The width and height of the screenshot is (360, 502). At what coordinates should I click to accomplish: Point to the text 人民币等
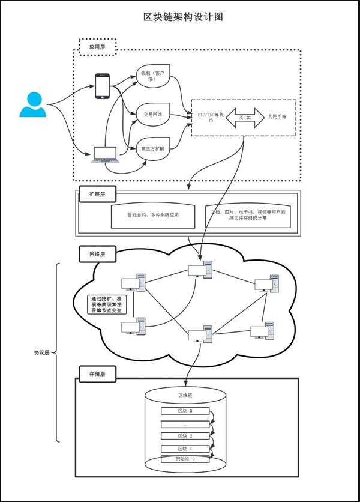pos(277,116)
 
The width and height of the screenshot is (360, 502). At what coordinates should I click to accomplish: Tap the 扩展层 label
pos(97,195)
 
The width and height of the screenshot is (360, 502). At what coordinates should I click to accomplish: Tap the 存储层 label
pos(97,373)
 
